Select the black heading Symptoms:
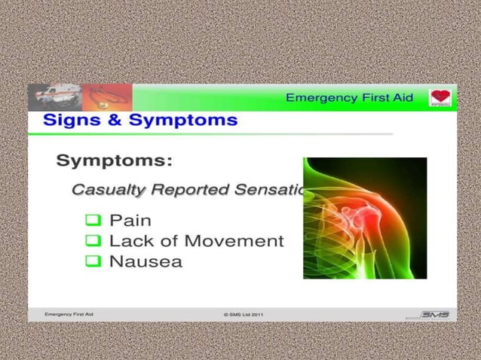pyautogui.click(x=115, y=160)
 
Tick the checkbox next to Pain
pyautogui.click(x=93, y=221)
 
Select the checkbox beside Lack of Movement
pyautogui.click(x=93, y=242)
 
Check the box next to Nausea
pyautogui.click(x=93, y=262)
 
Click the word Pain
pyautogui.click(x=130, y=221)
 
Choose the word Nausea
pyautogui.click(x=146, y=262)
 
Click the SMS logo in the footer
pyautogui.click(x=434, y=315)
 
